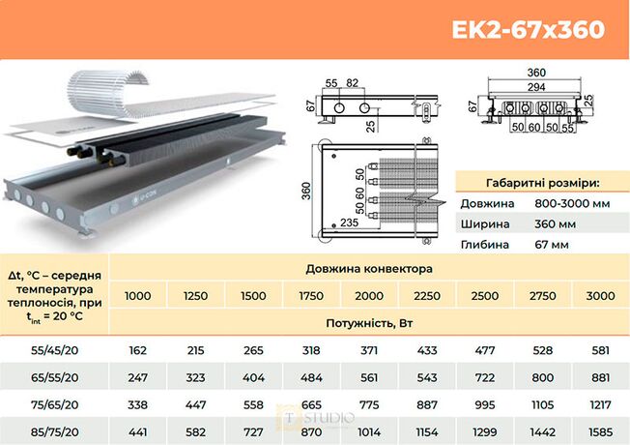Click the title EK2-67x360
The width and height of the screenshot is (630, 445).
(528, 29)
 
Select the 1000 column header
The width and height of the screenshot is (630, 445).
(138, 295)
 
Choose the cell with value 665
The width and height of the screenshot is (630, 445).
(312, 402)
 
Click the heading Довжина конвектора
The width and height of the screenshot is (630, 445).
(369, 268)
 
